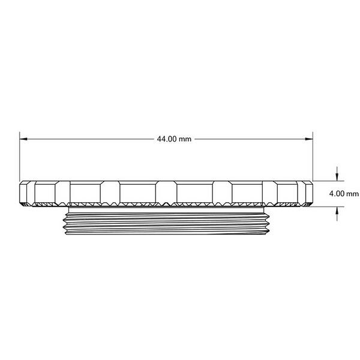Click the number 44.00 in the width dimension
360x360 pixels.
[167, 139]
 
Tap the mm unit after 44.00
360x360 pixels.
[185, 140]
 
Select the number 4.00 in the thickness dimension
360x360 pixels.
[337, 194]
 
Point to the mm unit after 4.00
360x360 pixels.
[353, 194]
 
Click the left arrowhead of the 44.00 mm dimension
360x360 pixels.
[23, 139]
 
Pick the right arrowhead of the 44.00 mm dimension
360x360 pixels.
[309, 139]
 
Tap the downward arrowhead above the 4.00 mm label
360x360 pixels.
[337, 177]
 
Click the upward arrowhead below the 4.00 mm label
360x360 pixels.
[337, 211]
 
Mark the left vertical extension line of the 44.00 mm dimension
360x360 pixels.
[20, 157]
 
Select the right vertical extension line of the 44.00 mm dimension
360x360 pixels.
[313, 157]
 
